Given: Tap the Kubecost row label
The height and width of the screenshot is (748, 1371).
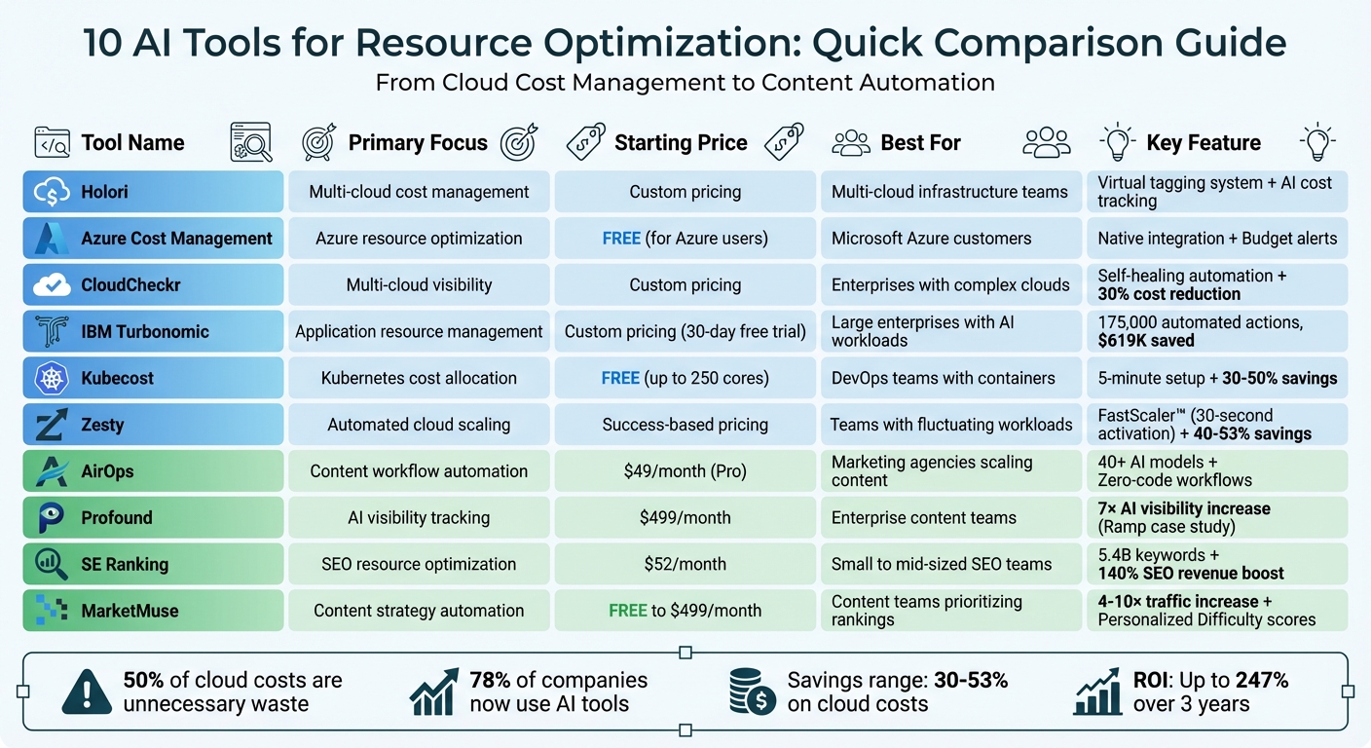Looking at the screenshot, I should pos(117,379).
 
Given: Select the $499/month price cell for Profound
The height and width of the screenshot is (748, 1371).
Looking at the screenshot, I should pos(685,518).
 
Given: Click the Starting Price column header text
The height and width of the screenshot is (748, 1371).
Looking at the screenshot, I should pos(681,143).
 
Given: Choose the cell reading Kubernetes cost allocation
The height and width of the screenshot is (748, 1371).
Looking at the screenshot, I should pos(419,379).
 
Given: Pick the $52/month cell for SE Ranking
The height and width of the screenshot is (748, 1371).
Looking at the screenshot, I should pos(685,565).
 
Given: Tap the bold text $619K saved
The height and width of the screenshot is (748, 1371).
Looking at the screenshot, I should pos(1147,341).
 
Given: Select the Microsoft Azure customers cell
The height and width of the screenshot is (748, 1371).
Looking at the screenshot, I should pos(931,239).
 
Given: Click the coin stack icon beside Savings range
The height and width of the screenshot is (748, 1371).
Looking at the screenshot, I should pos(752,692).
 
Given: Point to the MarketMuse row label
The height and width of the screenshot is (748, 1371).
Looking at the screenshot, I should pos(130,612).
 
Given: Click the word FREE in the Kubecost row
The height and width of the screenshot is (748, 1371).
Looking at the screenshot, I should pos(620,379).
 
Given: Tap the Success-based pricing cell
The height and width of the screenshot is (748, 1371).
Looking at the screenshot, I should pos(685,426).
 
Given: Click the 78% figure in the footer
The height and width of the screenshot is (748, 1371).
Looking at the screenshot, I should pos(490,680).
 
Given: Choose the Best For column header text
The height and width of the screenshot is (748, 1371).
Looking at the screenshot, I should pos(920,143).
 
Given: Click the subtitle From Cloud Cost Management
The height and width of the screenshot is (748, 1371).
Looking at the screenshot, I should pos(685,83).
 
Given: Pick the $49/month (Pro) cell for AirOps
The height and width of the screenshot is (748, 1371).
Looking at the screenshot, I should pos(685,471).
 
